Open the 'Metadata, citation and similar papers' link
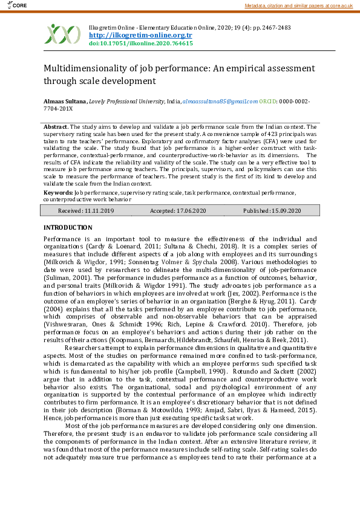(x=299, y=5)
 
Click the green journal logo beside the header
(x=62, y=34)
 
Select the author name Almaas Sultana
(x=65, y=102)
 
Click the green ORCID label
(x=270, y=102)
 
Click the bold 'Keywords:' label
(x=59, y=192)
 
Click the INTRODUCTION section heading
(x=68, y=227)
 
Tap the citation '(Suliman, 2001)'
(x=64, y=276)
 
